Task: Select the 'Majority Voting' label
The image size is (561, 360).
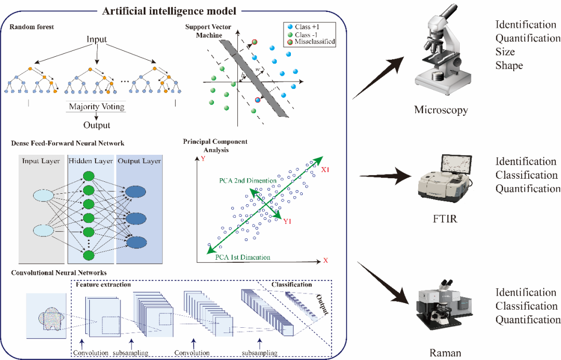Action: (97, 107)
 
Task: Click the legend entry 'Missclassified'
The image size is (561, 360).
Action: (313, 42)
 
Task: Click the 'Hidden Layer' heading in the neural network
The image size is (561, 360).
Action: (90, 161)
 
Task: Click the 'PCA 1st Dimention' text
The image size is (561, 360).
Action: (242, 257)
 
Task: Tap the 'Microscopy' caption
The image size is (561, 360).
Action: (441, 110)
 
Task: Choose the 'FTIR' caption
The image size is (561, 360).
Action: (445, 219)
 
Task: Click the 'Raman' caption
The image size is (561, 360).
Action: (445, 353)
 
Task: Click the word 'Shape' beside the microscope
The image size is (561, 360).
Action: (509, 65)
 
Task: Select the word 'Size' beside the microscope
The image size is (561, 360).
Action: (505, 52)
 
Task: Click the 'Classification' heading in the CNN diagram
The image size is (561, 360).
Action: (292, 284)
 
